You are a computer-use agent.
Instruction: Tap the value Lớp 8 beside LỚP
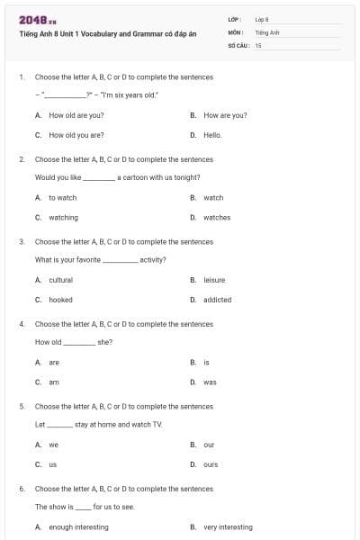click(x=262, y=19)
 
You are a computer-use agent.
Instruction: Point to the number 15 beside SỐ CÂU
click(x=258, y=44)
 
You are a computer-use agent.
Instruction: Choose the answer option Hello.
click(x=212, y=135)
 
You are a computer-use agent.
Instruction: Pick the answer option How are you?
click(x=225, y=115)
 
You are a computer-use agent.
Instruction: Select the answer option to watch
click(x=62, y=197)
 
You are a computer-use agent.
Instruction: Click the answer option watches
click(x=217, y=217)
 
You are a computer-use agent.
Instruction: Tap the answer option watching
click(x=63, y=217)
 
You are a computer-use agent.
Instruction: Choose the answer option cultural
click(x=60, y=280)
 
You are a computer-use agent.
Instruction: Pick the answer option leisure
click(x=214, y=280)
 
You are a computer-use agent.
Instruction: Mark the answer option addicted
click(x=217, y=300)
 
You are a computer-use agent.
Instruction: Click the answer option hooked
click(x=60, y=300)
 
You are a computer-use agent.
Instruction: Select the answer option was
click(x=210, y=382)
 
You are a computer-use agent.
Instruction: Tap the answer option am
click(x=54, y=382)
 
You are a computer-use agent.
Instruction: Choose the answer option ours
click(x=211, y=464)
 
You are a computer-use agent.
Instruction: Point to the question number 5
click(x=22, y=406)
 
